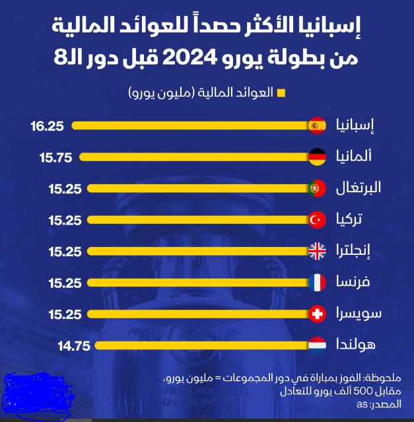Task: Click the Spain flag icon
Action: coord(318,125)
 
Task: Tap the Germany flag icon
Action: coord(318,157)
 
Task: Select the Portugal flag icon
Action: coord(318,188)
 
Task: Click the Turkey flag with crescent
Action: coord(318,220)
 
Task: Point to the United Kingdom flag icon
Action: coord(318,251)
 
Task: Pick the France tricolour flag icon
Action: coord(318,283)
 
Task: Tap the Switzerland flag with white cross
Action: coord(318,314)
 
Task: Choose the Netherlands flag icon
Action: coord(318,345)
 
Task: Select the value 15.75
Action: coord(55,157)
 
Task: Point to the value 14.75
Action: coord(74,345)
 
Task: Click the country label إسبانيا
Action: coord(355,125)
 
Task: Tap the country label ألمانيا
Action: coord(355,157)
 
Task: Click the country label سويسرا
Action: coord(355,314)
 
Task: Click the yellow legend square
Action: coord(281,93)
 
